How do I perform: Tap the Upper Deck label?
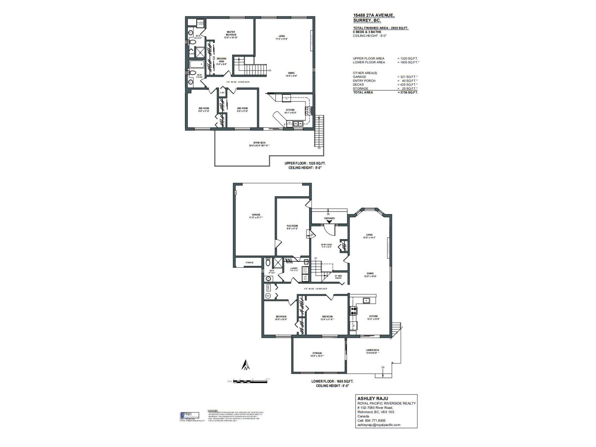(259, 144)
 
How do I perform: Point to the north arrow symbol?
(245, 365)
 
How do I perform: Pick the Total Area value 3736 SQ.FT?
(408, 92)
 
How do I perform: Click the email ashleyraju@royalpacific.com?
(378, 425)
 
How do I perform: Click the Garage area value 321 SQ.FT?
(408, 77)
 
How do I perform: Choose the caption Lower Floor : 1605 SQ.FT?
(332, 381)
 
